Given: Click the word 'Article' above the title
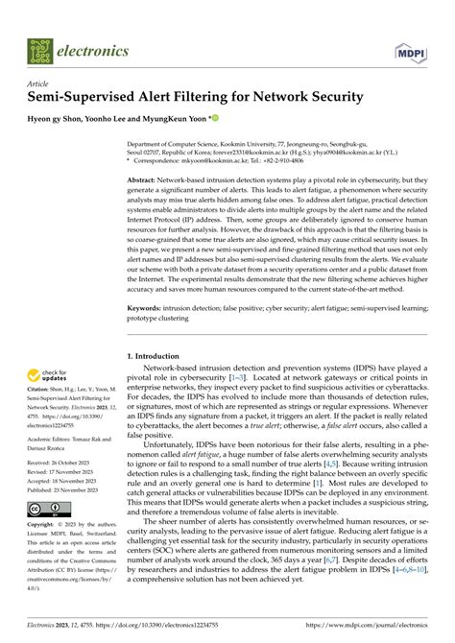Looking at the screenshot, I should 40,84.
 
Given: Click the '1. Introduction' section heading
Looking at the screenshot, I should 160,356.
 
